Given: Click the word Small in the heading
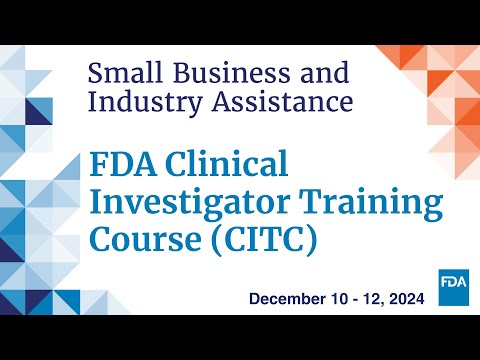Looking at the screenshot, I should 123,73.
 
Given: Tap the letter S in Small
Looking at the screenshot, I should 96,73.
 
